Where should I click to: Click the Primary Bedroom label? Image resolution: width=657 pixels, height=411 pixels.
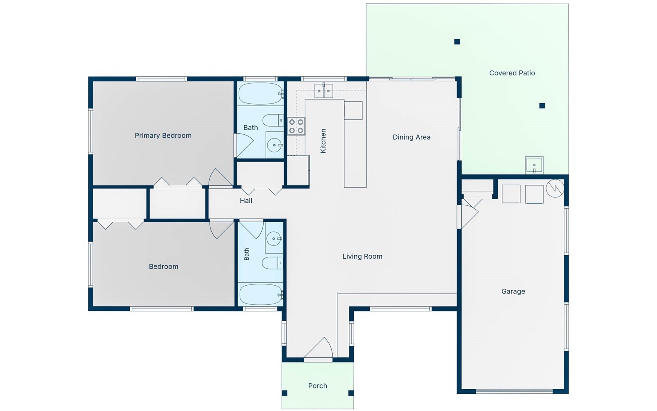(x=163, y=135)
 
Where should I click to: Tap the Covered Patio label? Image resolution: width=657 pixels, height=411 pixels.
(x=512, y=73)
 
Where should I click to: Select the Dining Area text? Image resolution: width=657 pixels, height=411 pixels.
(x=411, y=137)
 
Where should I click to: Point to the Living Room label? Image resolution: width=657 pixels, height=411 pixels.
(x=362, y=256)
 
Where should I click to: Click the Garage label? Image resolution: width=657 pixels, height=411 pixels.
(x=513, y=291)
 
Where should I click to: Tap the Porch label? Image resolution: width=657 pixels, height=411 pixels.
(x=318, y=386)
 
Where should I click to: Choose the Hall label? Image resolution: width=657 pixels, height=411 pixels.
(x=246, y=201)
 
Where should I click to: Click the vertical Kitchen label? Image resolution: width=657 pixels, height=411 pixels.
(x=323, y=141)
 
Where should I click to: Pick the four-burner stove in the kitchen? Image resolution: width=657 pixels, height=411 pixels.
(x=296, y=126)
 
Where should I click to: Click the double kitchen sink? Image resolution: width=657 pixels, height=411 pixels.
(x=324, y=91)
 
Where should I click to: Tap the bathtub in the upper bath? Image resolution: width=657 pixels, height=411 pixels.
(x=261, y=93)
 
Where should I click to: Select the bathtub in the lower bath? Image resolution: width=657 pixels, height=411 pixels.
(x=261, y=294)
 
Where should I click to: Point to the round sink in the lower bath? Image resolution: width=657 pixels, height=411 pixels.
(x=274, y=238)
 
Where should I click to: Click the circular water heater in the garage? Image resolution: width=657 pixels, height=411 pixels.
(x=555, y=188)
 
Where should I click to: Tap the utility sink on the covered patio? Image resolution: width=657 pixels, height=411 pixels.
(x=534, y=165)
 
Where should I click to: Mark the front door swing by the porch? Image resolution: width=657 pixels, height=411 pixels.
(x=318, y=348)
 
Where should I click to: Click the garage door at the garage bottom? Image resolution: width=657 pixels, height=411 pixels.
(x=514, y=391)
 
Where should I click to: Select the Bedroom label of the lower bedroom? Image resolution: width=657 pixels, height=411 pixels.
(x=163, y=266)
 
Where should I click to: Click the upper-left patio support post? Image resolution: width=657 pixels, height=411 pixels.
(x=457, y=42)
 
